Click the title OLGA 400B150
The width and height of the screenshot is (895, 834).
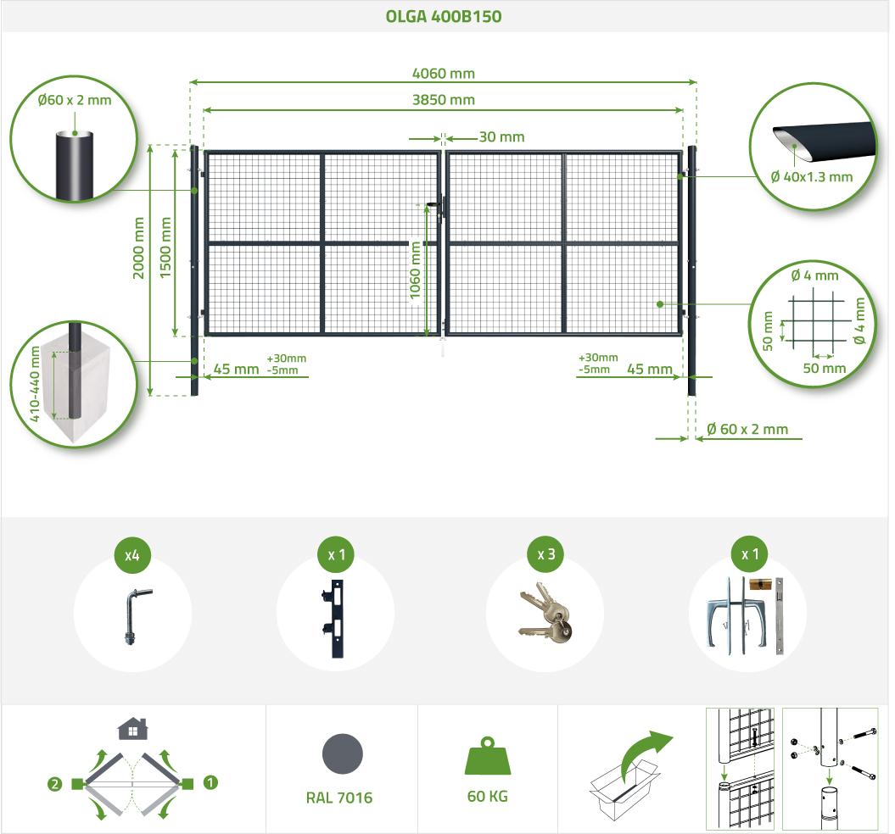(x=444, y=16)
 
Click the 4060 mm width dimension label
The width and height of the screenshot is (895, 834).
(x=444, y=74)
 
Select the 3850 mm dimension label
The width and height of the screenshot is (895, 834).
(x=444, y=100)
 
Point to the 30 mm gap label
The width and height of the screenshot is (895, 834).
(x=501, y=137)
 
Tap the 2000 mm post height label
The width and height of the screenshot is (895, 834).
(x=138, y=247)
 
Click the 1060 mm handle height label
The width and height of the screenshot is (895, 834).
(x=415, y=270)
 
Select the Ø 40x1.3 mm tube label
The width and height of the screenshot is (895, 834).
(x=811, y=177)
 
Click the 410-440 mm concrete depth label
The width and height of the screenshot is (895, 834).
(x=35, y=383)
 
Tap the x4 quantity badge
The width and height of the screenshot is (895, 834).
(x=132, y=555)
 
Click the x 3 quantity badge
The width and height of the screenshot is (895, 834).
(x=546, y=554)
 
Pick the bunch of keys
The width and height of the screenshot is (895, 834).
(x=545, y=613)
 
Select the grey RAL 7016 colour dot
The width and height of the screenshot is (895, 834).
(x=342, y=753)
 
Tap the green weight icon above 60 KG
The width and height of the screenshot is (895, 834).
(x=488, y=755)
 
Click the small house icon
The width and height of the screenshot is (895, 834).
(x=132, y=728)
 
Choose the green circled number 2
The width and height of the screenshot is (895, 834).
(x=55, y=784)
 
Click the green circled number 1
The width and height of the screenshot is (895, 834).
(x=210, y=782)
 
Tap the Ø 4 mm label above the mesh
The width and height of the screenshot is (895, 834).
(x=814, y=275)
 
